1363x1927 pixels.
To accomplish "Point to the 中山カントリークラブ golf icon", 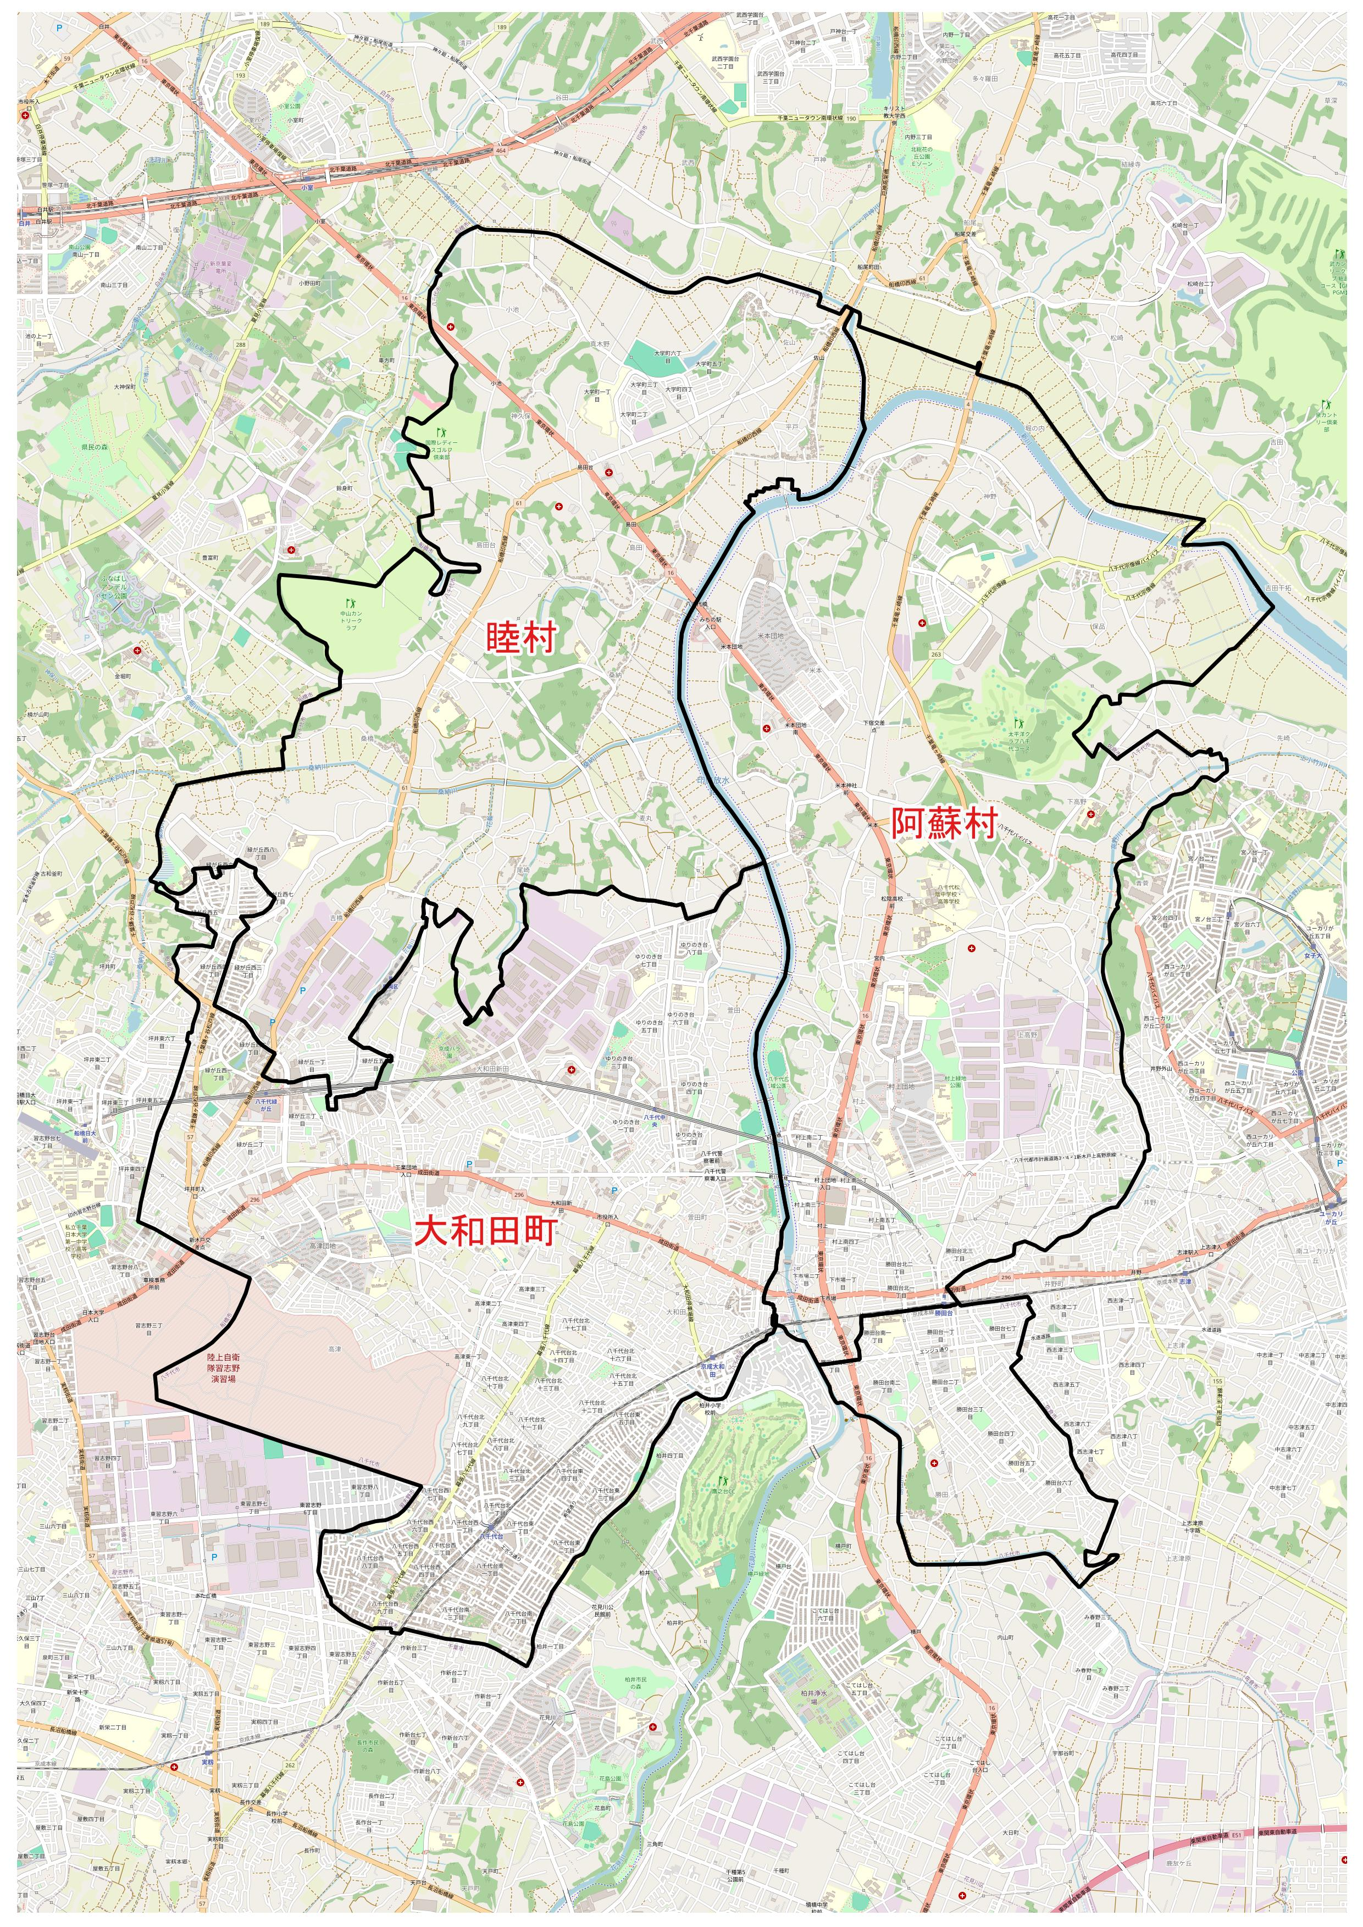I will coord(350,603).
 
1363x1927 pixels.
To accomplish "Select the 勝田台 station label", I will coord(945,1312).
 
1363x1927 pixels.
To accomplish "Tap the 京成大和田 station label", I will coord(713,1369).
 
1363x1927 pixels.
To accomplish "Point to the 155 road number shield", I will coord(1218,1381).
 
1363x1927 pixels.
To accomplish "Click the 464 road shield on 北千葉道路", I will coord(501,149).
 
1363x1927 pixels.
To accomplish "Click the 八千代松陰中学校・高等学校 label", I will coord(949,896).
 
